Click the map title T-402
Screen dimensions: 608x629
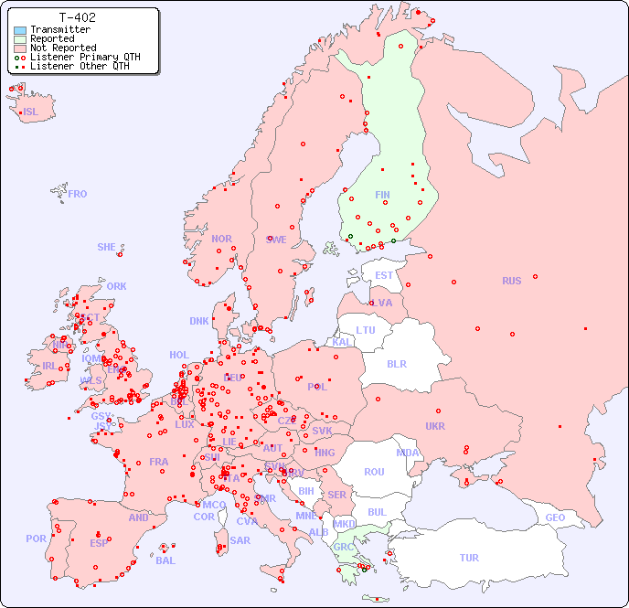(x=77, y=17)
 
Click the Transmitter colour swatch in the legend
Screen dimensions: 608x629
(x=20, y=29)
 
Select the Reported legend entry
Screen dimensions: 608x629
(x=51, y=38)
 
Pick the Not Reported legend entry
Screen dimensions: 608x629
(x=62, y=48)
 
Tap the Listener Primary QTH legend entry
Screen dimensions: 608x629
(x=85, y=57)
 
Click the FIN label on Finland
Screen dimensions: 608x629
(x=382, y=195)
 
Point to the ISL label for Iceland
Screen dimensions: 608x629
(x=31, y=112)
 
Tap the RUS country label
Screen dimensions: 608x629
(x=511, y=281)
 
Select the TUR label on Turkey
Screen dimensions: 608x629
(x=469, y=558)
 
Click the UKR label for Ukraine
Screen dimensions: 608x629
(x=435, y=426)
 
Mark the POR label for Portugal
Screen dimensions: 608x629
(x=36, y=539)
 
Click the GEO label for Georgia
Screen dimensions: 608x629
(x=555, y=517)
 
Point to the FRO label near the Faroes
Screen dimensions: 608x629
(x=78, y=194)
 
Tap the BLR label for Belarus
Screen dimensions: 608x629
(x=396, y=363)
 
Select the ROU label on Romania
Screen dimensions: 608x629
(x=374, y=472)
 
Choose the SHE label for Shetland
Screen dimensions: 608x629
(x=107, y=247)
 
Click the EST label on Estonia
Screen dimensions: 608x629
(x=384, y=275)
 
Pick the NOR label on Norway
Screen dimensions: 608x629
(x=221, y=239)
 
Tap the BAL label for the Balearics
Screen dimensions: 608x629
(x=165, y=560)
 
